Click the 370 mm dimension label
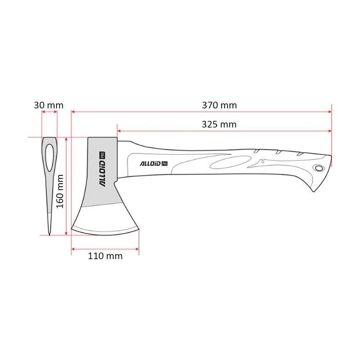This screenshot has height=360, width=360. tap(219, 105)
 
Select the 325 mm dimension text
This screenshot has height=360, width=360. tap(219, 124)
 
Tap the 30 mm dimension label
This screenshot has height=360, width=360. tap(49, 105)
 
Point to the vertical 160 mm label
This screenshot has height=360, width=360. tap(60, 191)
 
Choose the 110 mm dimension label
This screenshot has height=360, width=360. tap(105, 256)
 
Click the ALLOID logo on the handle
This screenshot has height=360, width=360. tap(154, 164)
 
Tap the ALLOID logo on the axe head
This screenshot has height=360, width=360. tap(102, 169)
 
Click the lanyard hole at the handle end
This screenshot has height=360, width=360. tap(319, 168)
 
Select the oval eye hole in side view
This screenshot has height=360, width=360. tap(49, 158)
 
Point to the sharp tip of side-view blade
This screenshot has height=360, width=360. tap(49, 235)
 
